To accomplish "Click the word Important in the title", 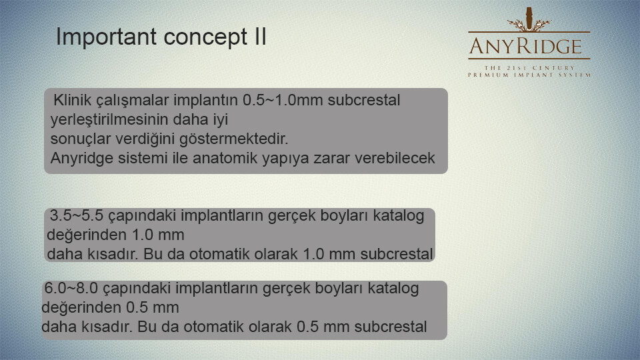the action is click(107, 37).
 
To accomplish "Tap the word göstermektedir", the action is click(234, 139).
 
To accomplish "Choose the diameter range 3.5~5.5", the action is click(76, 215).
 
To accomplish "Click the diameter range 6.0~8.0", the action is click(71, 288).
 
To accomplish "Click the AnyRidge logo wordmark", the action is click(526, 47).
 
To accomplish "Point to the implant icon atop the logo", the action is click(529, 19).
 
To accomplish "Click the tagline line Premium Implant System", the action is click(529, 75).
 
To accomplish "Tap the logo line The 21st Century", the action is click(529, 68).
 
